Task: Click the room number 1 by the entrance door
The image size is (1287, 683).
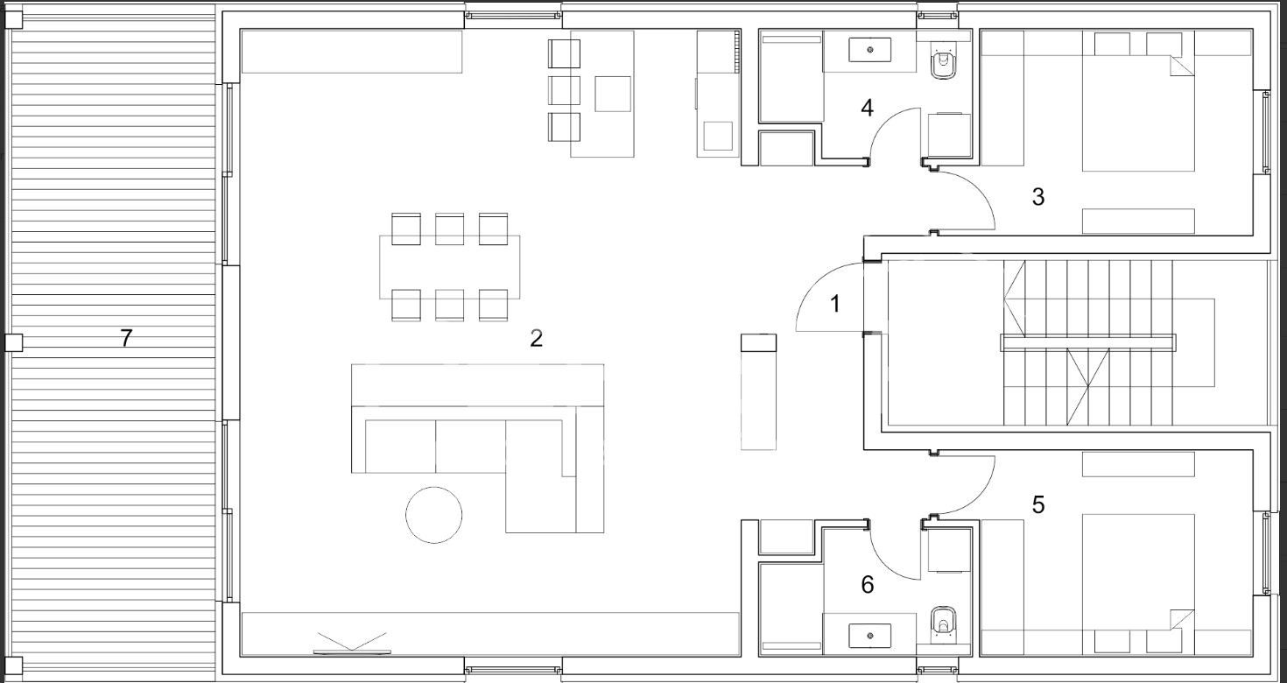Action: [x=835, y=304]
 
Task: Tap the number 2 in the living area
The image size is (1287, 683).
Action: [x=536, y=338]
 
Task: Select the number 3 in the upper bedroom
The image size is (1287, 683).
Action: [x=1037, y=197]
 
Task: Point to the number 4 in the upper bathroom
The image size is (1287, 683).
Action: [x=867, y=108]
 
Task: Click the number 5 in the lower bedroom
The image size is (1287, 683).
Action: [x=1037, y=505]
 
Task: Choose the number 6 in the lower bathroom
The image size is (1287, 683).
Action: [x=868, y=585]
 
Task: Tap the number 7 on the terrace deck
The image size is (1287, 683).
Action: [x=126, y=338]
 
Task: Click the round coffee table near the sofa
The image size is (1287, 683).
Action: [x=433, y=515]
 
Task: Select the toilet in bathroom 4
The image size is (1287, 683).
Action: [x=943, y=63]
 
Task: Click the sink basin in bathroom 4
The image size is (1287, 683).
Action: [x=870, y=50]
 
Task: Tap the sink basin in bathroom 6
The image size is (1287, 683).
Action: [x=870, y=636]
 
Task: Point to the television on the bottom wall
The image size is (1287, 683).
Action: [x=352, y=652]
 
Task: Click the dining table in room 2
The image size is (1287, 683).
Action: [x=450, y=267]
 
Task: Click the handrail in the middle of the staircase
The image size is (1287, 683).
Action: [x=1088, y=343]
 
